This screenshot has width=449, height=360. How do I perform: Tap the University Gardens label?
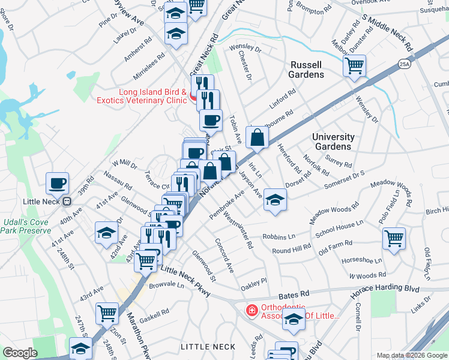(333, 142)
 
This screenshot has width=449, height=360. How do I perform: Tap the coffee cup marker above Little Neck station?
(58, 183)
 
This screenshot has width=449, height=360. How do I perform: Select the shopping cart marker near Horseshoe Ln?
(394, 239)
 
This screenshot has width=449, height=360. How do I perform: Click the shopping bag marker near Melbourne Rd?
(257, 137)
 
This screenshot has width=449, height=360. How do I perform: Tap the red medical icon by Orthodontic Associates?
(252, 310)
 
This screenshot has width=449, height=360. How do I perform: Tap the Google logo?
(20, 353)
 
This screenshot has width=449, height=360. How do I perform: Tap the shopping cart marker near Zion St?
(107, 313)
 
